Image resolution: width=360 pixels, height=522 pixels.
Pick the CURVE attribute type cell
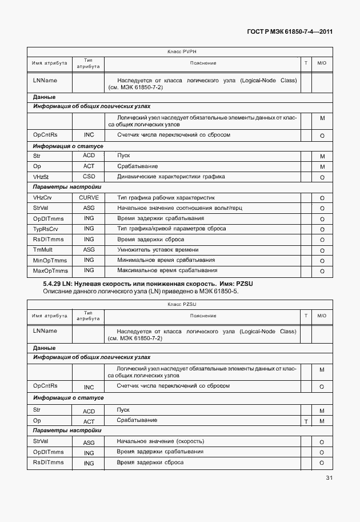(x=89, y=197)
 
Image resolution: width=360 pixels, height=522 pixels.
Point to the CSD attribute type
(x=89, y=177)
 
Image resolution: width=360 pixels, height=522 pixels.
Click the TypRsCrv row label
(x=46, y=229)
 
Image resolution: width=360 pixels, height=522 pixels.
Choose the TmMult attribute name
(x=43, y=250)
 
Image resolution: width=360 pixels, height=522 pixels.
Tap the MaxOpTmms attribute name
(x=50, y=270)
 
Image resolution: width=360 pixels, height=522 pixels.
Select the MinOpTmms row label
(x=50, y=260)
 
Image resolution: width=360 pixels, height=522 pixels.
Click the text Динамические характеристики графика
(x=170, y=177)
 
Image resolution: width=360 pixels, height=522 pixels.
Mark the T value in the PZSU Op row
(x=306, y=421)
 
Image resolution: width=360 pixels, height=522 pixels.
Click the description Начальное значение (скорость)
(x=160, y=441)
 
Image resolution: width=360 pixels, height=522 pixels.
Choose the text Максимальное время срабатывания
(x=167, y=270)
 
